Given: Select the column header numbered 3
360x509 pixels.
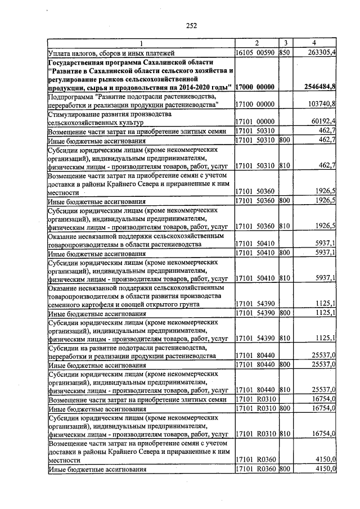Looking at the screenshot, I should [x=285, y=43].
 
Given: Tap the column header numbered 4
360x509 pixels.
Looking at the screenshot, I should [x=314, y=43].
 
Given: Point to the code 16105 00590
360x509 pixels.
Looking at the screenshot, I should [x=254, y=52].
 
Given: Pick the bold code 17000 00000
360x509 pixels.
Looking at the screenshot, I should [x=254, y=87].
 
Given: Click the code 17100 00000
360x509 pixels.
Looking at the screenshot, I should [x=254, y=104].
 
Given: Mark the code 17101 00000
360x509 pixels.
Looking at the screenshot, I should [x=254, y=121].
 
